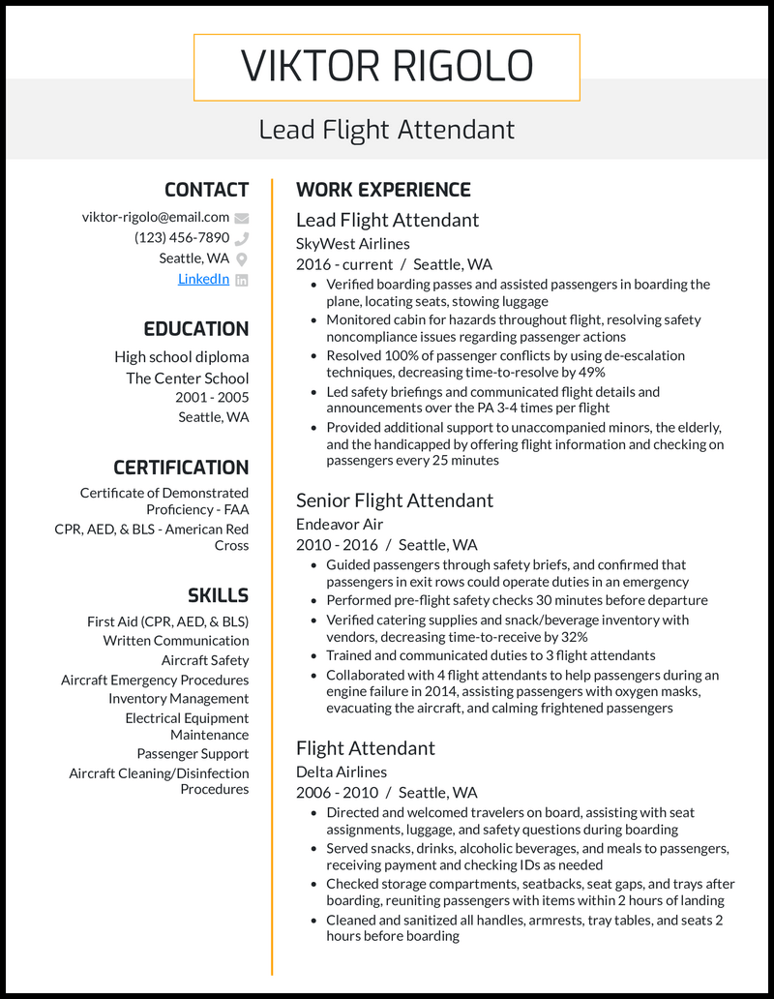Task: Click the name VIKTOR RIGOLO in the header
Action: pos(386,67)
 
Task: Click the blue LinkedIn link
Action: pos(203,279)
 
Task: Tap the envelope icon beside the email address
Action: pos(242,218)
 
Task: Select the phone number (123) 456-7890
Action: pos(182,237)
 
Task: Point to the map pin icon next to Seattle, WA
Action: pos(242,258)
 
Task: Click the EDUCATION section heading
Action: pos(196,329)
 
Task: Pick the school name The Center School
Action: pos(187,378)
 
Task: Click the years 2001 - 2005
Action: pos(212,398)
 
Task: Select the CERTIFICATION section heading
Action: pos(181,468)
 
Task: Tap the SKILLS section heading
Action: pos(218,595)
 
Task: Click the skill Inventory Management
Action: pos(178,699)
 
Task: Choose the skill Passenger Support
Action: pos(193,754)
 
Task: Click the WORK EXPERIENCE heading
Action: pos(383,190)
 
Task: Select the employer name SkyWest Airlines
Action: pos(352,244)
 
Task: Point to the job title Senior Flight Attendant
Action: pos(394,500)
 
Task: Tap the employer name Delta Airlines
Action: pos(341,772)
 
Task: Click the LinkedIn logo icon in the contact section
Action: pos(242,280)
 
